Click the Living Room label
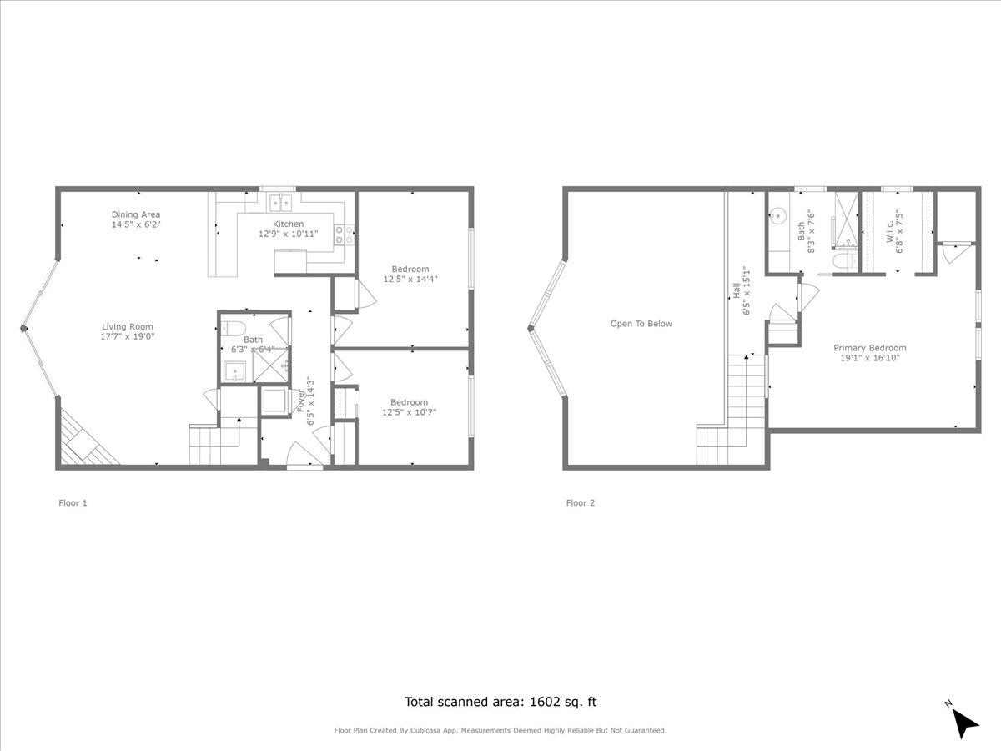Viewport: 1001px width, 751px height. (128, 326)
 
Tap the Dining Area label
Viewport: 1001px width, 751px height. (136, 214)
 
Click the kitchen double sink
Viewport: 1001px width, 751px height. (281, 201)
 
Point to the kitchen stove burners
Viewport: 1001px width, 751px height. (344, 235)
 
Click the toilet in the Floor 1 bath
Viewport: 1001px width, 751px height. (234, 326)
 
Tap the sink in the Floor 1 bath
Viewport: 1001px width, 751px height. (235, 371)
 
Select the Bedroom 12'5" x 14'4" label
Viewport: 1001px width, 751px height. (410, 269)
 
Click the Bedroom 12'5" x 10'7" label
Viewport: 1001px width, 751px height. (409, 401)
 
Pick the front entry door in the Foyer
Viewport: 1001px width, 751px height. (304, 455)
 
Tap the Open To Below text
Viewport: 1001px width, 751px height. (641, 324)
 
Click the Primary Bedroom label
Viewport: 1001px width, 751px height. (869, 348)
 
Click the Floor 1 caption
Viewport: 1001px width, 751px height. (73, 502)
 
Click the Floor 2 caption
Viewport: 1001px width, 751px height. (581, 502)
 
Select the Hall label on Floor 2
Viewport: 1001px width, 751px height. (737, 290)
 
